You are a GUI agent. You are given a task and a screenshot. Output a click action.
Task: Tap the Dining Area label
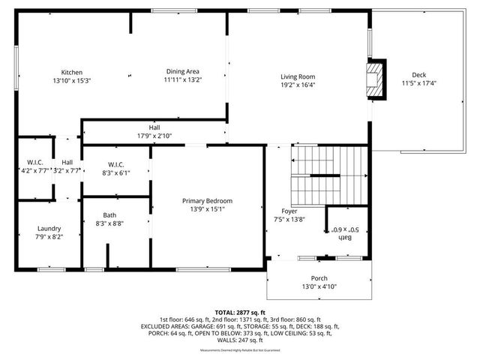(x=184, y=72)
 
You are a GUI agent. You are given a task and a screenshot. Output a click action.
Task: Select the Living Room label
(x=298, y=76)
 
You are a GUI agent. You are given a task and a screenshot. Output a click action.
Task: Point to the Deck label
(x=419, y=74)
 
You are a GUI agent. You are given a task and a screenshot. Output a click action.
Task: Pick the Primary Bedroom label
(x=208, y=201)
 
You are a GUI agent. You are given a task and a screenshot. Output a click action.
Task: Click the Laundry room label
(x=49, y=229)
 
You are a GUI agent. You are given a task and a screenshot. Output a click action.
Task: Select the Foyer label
(x=288, y=211)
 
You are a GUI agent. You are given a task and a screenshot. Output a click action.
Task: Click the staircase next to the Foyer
(x=330, y=175)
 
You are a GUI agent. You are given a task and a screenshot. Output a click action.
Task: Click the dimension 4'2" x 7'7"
(x=34, y=170)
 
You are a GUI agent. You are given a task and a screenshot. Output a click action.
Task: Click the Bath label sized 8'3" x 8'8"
(x=109, y=215)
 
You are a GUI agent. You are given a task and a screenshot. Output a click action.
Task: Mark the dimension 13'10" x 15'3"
(x=72, y=80)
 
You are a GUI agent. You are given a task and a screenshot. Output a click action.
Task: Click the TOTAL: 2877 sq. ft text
(x=240, y=312)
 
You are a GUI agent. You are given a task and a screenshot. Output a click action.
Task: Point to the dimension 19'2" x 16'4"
(x=298, y=85)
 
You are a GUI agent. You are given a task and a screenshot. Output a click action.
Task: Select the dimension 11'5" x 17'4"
(x=419, y=82)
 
